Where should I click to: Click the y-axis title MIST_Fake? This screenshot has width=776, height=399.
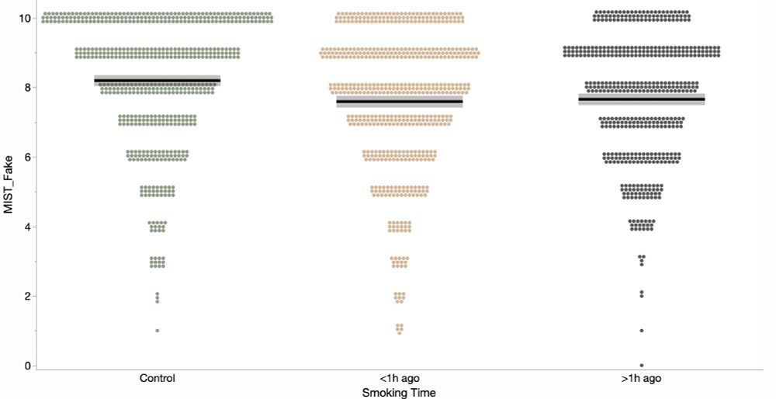tap(9, 191)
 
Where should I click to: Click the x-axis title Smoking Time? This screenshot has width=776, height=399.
tap(399, 393)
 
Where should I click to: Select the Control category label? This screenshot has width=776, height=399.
tap(157, 379)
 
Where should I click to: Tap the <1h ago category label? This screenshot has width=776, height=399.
tap(399, 379)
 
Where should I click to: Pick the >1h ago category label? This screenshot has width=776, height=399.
tap(641, 379)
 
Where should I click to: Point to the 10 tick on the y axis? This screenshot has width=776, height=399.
tap(24, 17)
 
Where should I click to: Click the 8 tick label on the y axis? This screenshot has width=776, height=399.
tap(26, 87)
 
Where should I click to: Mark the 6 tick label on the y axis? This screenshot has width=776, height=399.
tap(26, 157)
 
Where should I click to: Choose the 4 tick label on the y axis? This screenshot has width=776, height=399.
tap(26, 227)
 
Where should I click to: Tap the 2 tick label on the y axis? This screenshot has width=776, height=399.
tap(26, 296)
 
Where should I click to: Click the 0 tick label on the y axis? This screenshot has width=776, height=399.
tap(26, 366)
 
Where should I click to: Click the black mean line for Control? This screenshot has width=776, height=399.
tap(157, 81)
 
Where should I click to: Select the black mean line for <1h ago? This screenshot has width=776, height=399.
tap(399, 102)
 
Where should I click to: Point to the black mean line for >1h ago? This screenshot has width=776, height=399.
tap(641, 99)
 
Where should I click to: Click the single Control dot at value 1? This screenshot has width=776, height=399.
tap(157, 331)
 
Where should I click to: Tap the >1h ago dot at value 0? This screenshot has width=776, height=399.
tap(641, 365)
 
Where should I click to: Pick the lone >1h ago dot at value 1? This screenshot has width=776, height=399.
tap(641, 331)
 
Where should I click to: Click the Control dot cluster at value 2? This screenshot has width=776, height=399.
tap(157, 297)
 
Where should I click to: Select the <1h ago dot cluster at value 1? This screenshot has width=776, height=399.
tap(399, 328)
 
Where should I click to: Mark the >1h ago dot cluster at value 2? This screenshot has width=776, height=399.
tap(641, 294)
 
